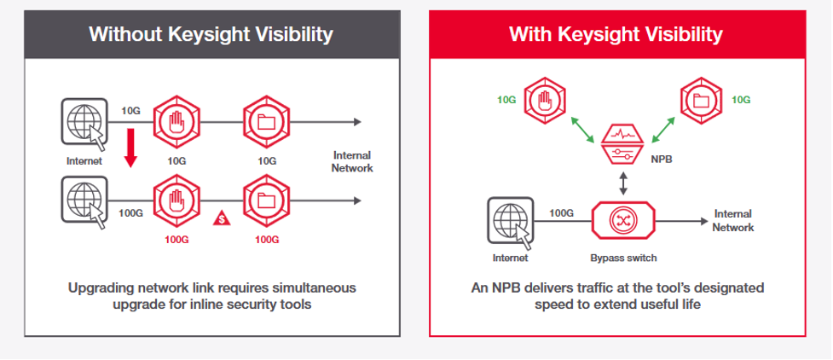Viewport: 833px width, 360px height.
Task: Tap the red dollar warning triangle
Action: pos(222,218)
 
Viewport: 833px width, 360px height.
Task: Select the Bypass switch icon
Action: pos(624,219)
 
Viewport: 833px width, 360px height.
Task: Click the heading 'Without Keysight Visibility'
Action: pos(211,35)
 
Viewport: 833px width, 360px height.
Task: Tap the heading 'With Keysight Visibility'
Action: pos(616,35)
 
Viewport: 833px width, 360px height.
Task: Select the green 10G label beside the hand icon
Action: pos(506,100)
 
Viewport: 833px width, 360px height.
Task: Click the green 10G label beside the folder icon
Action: pos(741,100)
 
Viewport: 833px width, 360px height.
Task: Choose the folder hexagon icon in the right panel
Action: pos(701,100)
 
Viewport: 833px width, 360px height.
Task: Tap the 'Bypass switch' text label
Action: pos(624,258)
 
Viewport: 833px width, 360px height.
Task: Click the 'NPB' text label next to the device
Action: pos(662,159)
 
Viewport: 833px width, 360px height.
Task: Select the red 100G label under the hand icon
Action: pos(176,240)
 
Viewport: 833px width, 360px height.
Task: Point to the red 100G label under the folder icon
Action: pos(267,240)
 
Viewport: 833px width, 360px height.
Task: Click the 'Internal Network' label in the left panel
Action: pos(352,161)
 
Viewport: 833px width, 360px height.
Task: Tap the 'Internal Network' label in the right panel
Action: pos(733,221)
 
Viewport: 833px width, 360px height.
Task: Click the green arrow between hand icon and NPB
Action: pos(583,130)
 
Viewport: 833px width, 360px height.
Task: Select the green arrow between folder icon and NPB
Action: pos(663,130)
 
